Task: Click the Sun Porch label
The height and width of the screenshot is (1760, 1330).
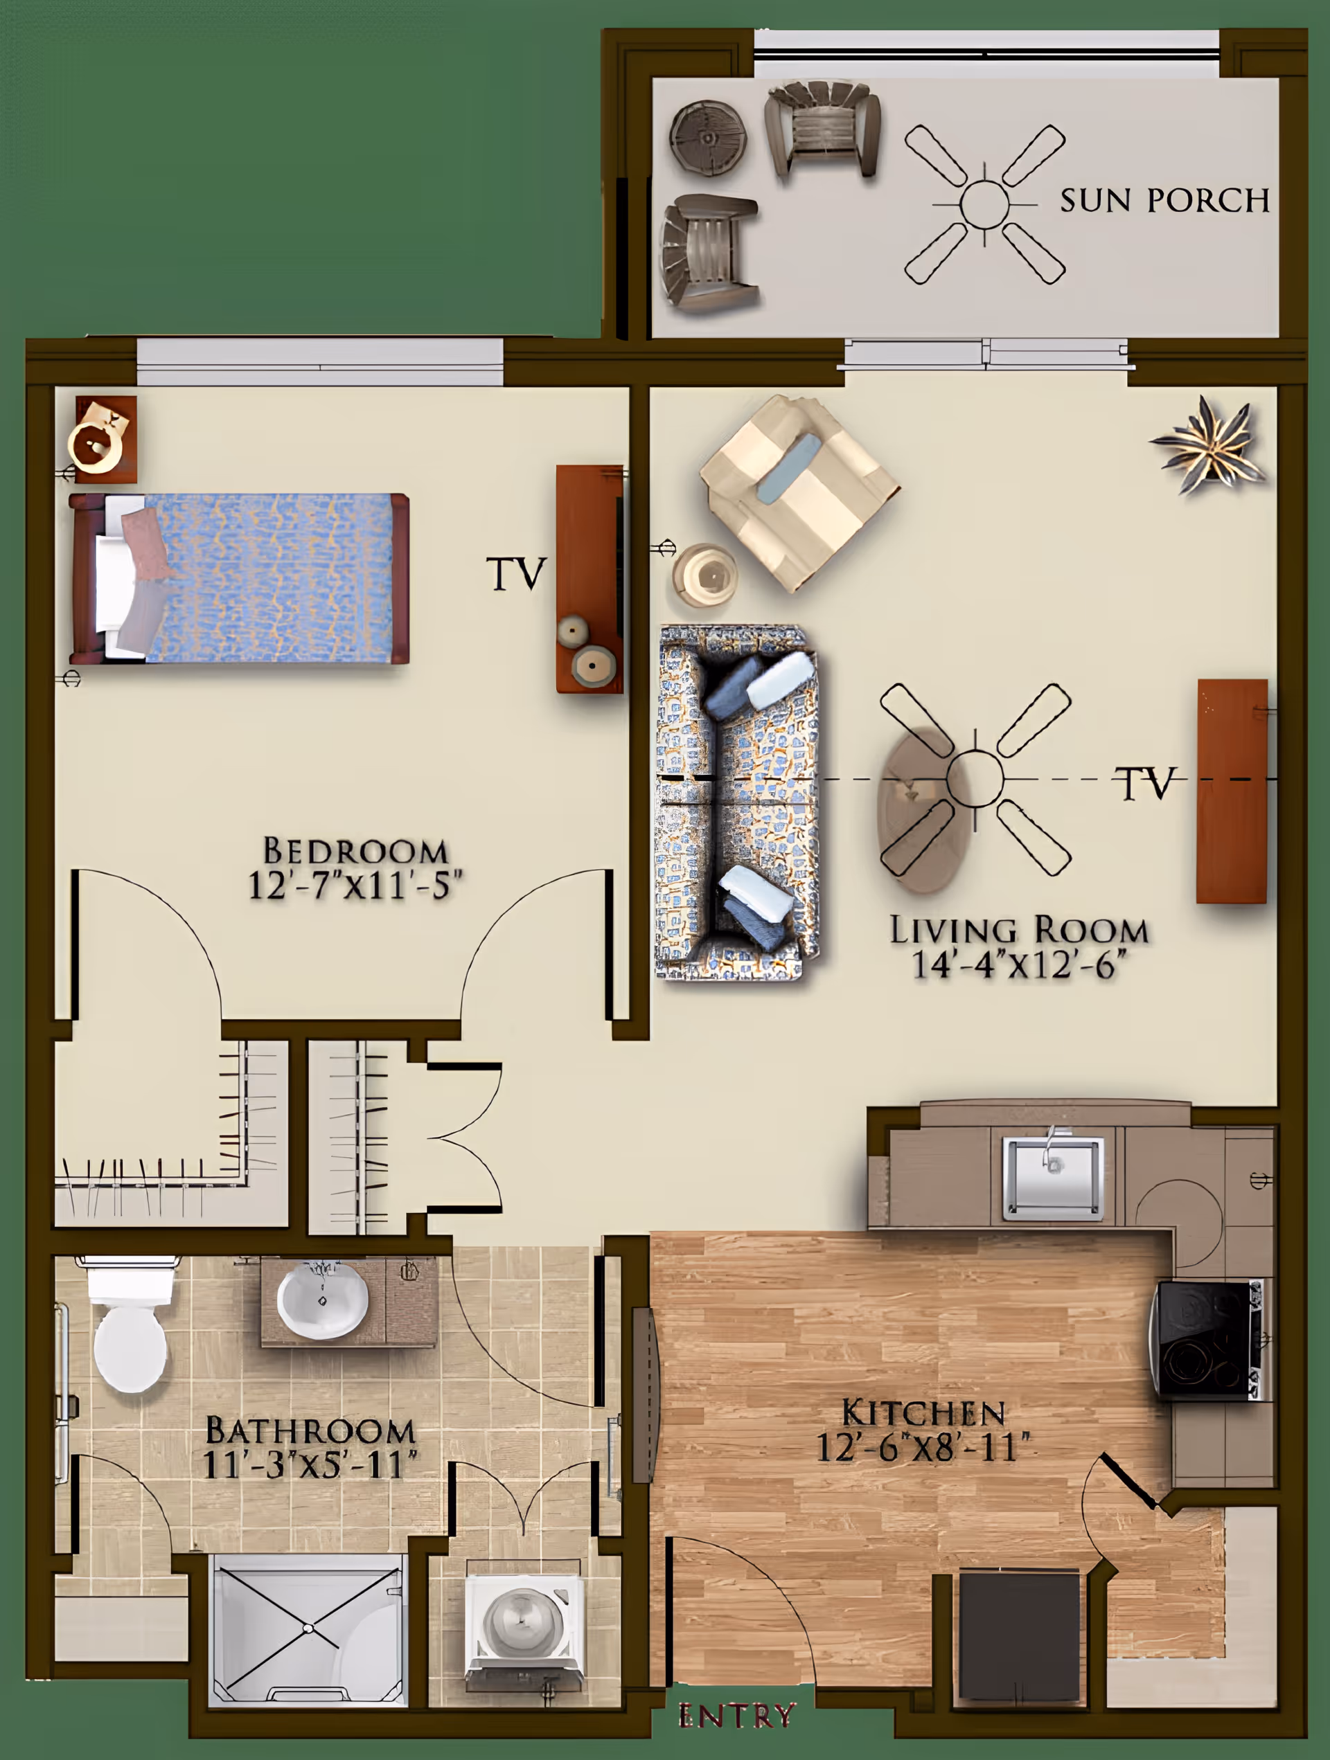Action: click(1164, 201)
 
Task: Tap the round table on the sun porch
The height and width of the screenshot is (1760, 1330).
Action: click(707, 135)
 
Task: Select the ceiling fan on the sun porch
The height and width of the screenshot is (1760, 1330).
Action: click(984, 204)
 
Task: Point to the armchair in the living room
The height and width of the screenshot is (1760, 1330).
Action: click(798, 492)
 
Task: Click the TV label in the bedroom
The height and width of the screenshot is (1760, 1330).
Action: click(516, 574)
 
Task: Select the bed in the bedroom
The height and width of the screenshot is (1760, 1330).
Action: click(239, 578)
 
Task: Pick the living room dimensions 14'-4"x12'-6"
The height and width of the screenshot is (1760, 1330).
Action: click(1019, 964)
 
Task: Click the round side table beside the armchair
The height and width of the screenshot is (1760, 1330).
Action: click(704, 575)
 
